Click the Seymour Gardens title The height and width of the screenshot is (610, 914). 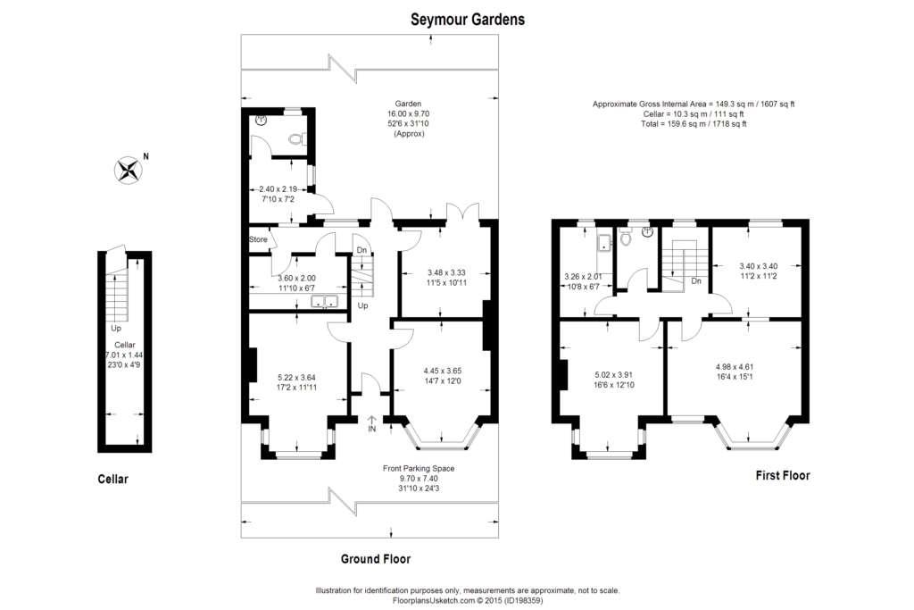click(x=468, y=20)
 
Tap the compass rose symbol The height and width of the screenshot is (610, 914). click(x=129, y=171)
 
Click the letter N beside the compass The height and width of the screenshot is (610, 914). click(x=146, y=156)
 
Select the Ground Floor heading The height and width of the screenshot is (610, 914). click(x=376, y=559)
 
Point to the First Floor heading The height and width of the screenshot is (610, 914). click(x=783, y=475)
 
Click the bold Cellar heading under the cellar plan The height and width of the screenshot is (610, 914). click(x=113, y=480)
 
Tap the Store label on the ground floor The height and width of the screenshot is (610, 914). click(x=258, y=239)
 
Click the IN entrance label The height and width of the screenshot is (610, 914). click(x=372, y=430)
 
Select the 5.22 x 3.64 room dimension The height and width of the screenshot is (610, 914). click(x=297, y=378)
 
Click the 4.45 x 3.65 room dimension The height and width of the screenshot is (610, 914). click(x=443, y=371)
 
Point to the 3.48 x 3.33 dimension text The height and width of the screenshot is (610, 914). click(x=447, y=273)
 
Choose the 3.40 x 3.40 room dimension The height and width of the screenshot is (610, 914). click(x=759, y=266)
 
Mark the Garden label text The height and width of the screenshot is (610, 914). click(x=408, y=104)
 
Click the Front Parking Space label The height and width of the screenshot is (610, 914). click(x=419, y=468)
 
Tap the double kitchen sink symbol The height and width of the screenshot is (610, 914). click(x=325, y=302)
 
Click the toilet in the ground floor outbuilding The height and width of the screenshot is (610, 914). click(x=296, y=138)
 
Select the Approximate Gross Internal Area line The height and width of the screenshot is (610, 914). click(x=694, y=104)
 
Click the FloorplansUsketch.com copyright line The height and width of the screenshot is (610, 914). click(x=468, y=600)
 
